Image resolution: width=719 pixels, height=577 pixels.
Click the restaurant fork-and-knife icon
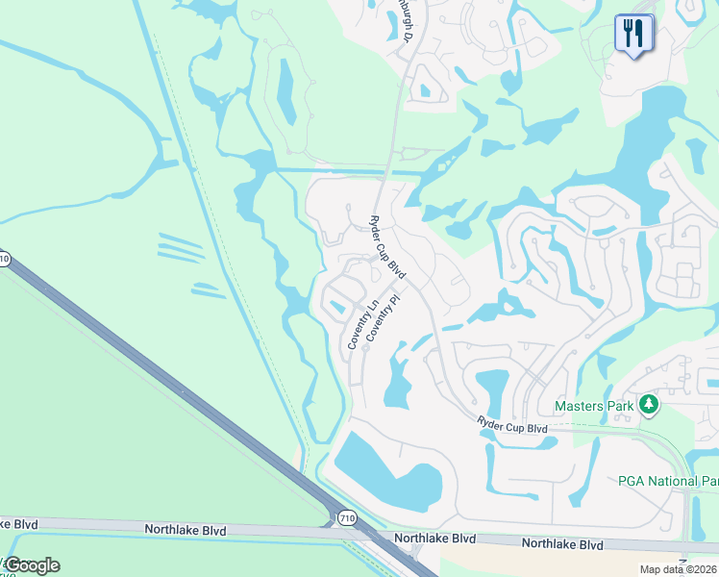click(633, 35)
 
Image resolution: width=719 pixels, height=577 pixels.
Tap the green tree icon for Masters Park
click(650, 405)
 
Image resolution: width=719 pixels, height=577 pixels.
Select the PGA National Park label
click(668, 481)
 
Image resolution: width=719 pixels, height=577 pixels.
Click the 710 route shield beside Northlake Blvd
click(347, 518)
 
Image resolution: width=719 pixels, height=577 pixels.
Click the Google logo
click(32, 565)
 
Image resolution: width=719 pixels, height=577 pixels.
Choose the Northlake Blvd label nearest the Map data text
click(562, 544)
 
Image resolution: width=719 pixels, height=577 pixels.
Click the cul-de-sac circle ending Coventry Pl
click(365, 348)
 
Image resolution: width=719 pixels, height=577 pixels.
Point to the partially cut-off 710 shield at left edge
click(4, 260)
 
